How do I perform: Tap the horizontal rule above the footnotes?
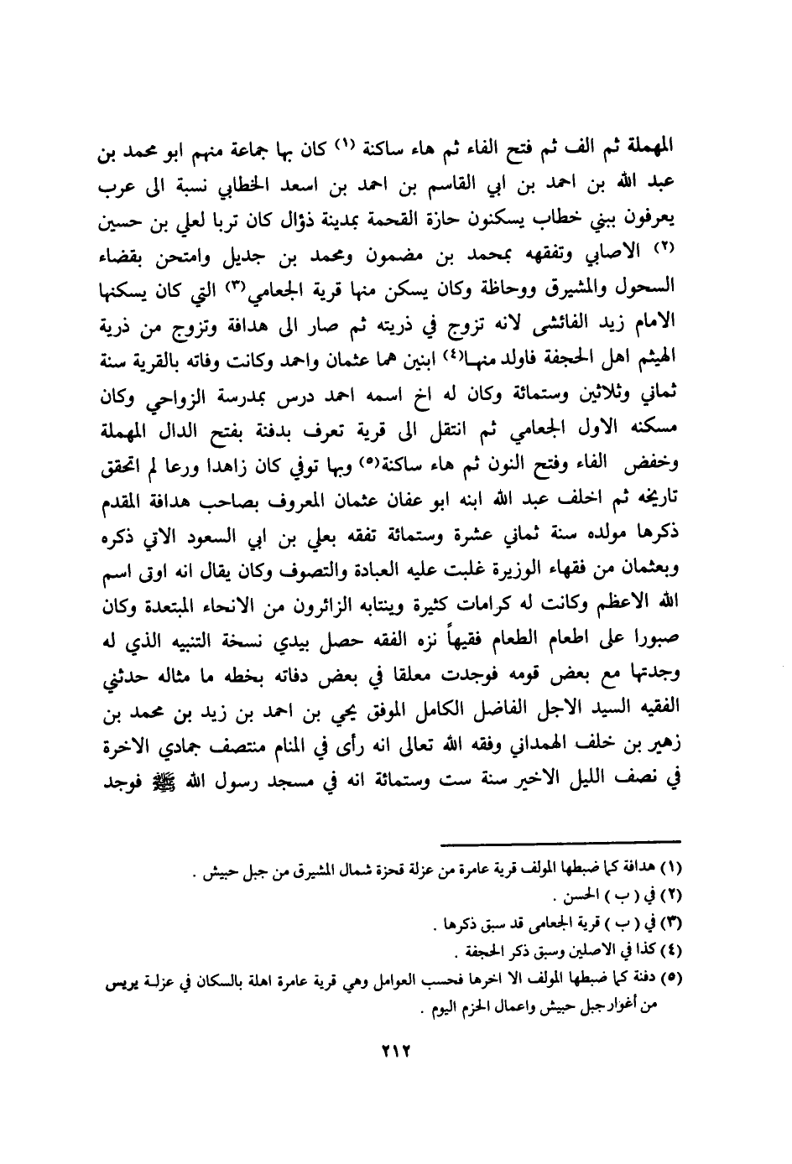tap(559, 839)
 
